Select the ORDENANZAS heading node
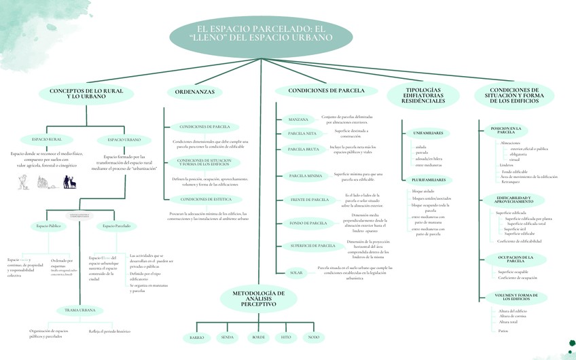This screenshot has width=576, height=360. coord(194,91)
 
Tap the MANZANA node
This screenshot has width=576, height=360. coord(298,120)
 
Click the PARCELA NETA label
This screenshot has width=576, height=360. coord(302,133)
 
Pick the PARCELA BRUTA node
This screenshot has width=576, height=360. coord(304,149)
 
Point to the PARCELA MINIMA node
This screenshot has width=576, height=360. coord(306,176)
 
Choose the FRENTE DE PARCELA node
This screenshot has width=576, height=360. coord(309,200)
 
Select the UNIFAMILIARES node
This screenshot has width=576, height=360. coord(432,132)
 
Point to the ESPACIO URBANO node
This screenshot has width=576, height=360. coord(124,140)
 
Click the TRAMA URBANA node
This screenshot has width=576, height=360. coord(79,310)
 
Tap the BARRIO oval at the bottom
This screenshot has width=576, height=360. coord(197,337)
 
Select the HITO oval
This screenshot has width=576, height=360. coord(286,337)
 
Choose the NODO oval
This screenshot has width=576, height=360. coord(313,337)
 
